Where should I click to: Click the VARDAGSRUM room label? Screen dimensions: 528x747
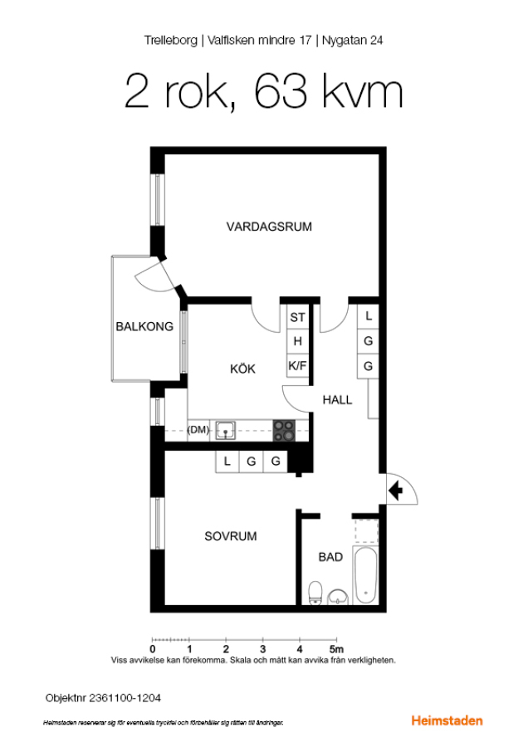coord(269,227)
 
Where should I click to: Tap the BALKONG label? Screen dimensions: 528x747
coord(144,326)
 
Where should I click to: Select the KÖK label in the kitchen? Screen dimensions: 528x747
coord(242,369)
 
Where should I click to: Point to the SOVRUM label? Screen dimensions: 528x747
coord(231,536)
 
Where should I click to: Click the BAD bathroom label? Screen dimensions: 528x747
coord(330,557)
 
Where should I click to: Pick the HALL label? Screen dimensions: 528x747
coord(337,400)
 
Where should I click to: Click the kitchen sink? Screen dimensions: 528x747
coord(226,430)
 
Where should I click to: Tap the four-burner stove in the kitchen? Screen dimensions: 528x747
coord(284,431)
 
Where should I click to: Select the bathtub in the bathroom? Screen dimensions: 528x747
coord(366,575)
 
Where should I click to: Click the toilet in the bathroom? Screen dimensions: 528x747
coord(315,593)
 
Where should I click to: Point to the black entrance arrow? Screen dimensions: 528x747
coord(395,491)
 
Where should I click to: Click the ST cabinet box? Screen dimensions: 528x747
coord(297,317)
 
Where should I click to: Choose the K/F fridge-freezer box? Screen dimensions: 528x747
coord(297,366)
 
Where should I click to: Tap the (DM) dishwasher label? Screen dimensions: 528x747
coord(198,430)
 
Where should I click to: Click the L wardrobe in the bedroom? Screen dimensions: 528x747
coord(227,461)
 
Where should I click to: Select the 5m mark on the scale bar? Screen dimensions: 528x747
coord(336,649)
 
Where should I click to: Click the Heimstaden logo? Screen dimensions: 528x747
coord(447,720)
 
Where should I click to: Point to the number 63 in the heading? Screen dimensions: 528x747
coord(281,91)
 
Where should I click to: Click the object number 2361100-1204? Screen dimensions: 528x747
coord(125,698)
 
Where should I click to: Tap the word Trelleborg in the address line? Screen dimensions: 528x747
coord(170,41)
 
